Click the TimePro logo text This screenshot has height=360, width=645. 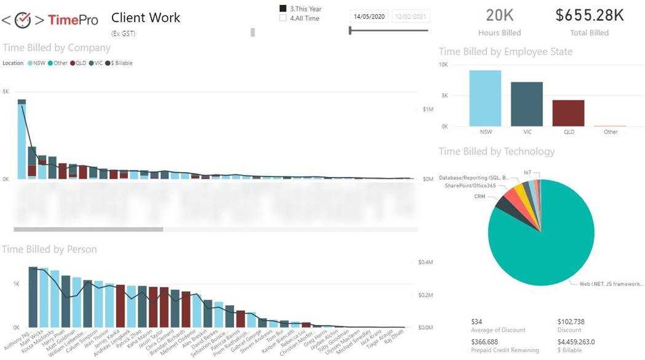coord(72,20)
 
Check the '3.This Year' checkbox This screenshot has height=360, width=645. coord(283,9)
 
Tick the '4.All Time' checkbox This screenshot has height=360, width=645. coord(283,18)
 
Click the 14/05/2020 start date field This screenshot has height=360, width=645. coord(369,16)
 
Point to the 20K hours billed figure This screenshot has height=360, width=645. coord(499,15)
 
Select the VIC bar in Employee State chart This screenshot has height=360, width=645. coord(526,104)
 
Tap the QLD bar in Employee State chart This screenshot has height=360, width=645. coord(568,113)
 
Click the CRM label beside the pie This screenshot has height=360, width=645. coord(480,197)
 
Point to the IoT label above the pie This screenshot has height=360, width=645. coord(528,173)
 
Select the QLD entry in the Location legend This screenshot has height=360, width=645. coord(78,63)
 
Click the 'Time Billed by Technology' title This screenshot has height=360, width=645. coord(496,151)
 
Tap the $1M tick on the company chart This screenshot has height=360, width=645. coord(428,109)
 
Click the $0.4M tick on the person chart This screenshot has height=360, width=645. coord(426,262)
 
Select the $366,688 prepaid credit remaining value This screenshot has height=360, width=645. coord(485,342)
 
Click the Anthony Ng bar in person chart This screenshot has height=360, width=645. coord(33,297)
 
